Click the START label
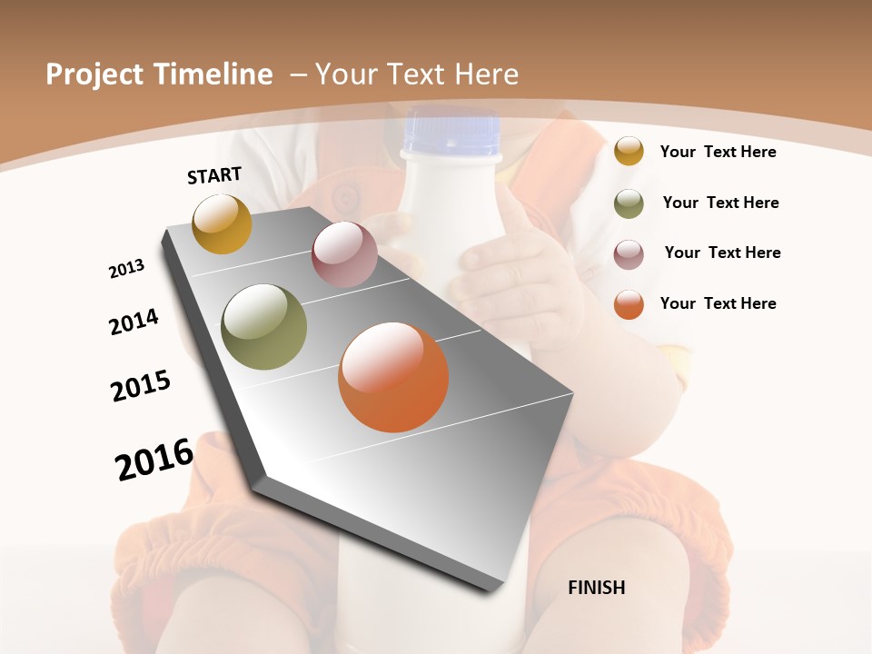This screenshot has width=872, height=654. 214,175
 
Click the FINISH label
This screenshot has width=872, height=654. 597,588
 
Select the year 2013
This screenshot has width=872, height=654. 127,269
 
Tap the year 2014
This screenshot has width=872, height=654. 134,322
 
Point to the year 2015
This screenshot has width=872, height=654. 141,386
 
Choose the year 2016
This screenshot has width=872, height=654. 154,459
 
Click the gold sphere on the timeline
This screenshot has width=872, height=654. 222,223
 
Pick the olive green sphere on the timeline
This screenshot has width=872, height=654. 264,327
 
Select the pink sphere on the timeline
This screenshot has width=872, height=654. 344,254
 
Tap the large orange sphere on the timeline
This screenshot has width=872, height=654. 393,377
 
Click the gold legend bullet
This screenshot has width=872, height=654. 629,151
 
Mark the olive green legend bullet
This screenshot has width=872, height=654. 629,203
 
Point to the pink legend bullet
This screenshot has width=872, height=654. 629,254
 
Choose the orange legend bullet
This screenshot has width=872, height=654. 629,304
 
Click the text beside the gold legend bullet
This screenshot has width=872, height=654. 718,152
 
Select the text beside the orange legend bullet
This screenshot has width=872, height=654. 718,303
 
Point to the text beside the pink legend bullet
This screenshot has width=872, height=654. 722,253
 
